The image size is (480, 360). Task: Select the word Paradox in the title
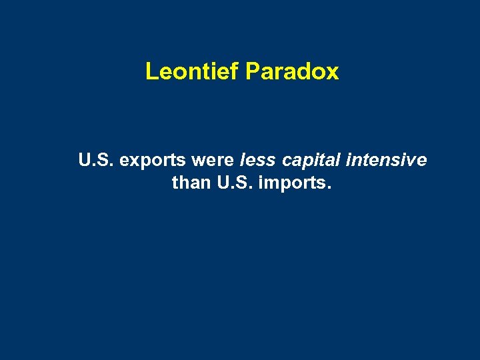[292, 71]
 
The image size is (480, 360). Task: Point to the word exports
[152, 161]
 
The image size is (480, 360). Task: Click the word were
[212, 161]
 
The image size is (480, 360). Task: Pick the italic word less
[258, 161]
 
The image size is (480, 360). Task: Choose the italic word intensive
[388, 161]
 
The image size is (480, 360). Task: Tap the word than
[191, 182]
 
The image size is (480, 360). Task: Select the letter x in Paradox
[333, 73]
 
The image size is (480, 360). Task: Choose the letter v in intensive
[412, 162]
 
